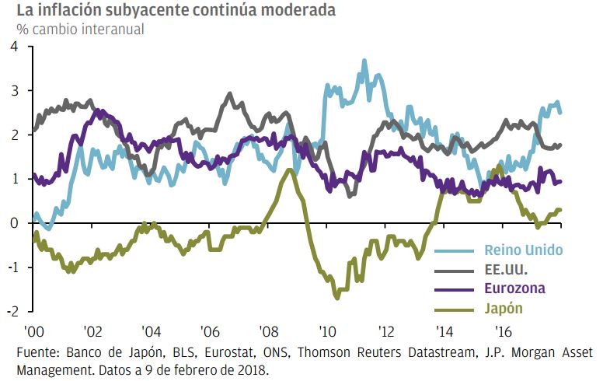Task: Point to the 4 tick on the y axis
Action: [x=12, y=47]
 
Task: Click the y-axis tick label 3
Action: [x=12, y=92]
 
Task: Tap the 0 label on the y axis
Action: [x=12, y=224]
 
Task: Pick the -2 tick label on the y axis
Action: [x=10, y=312]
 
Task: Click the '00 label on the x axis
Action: [x=33, y=329]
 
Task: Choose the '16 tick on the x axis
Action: [x=504, y=329]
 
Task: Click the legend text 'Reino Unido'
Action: [x=523, y=250]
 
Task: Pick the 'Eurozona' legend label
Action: [x=514, y=288]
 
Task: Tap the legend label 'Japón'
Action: [x=503, y=308]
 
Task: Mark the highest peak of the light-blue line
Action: [x=364, y=60]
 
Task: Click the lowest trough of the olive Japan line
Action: [x=337, y=298]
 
